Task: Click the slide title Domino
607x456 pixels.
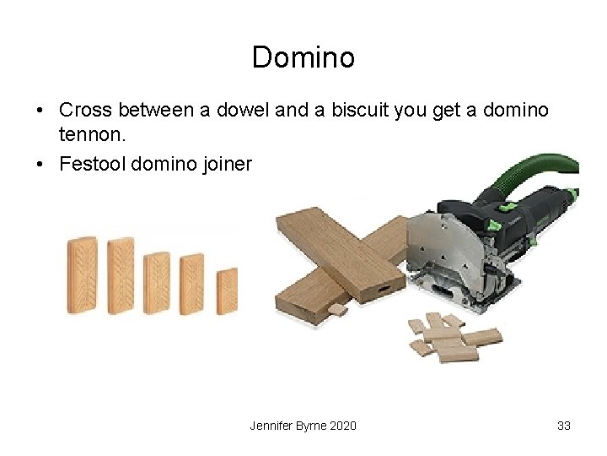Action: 303,57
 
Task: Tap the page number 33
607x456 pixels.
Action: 564,426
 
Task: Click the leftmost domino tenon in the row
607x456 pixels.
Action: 82,275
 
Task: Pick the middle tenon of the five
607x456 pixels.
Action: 157,283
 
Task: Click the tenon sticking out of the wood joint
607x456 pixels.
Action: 338,310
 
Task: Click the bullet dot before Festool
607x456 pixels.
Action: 40,164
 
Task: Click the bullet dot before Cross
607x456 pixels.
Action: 40,111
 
